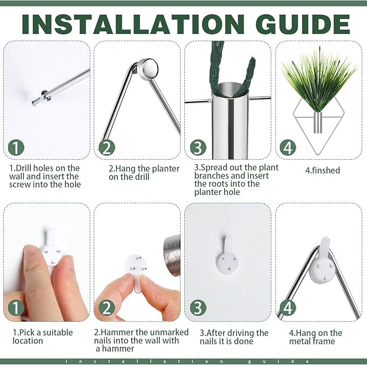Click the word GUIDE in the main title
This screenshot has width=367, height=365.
[303, 24]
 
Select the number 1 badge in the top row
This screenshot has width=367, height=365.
[16, 148]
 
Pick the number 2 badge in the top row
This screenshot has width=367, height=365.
[106, 148]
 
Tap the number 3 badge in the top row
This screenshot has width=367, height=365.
[198, 148]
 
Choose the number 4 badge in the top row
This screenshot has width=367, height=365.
[288, 148]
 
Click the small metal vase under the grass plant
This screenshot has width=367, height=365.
[318, 123]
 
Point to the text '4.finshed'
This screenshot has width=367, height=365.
[323, 171]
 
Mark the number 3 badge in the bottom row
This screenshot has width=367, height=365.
[198, 308]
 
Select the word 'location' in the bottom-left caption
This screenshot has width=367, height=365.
[28, 341]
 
